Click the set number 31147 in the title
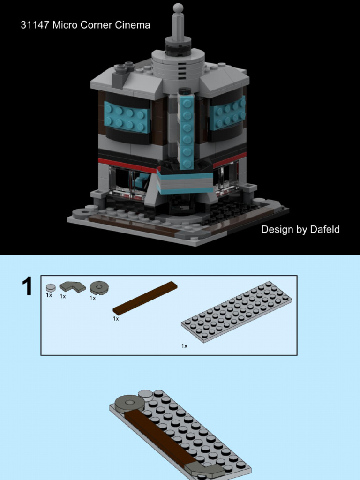(35, 25)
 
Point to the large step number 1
(28, 287)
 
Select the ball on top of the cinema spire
(178, 8)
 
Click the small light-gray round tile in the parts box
(51, 288)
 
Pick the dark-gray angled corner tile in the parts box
(72, 286)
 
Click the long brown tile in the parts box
(145, 298)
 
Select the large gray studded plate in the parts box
(237, 311)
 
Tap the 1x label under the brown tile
(116, 319)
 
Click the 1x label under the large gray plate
(184, 346)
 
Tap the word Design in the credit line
(277, 230)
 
